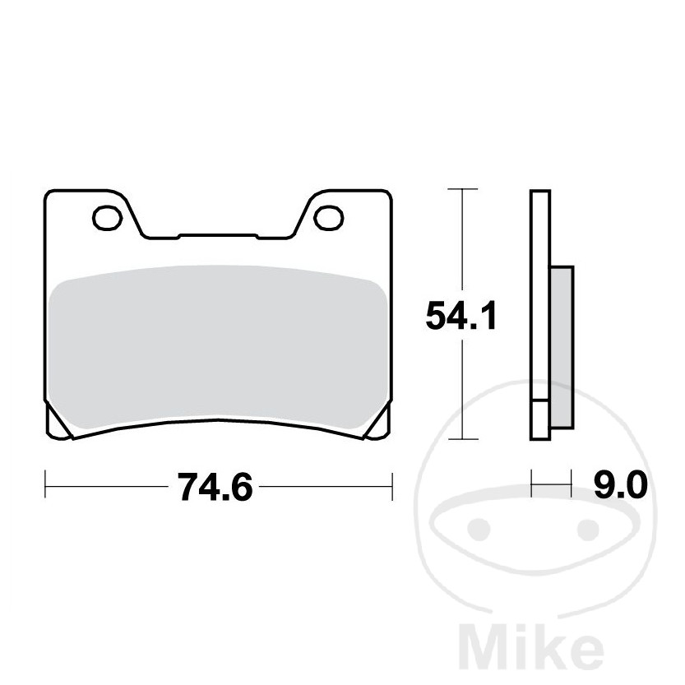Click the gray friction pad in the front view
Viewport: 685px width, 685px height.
217,349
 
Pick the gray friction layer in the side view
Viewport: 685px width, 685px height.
560,345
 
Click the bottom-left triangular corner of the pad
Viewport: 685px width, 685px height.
59,426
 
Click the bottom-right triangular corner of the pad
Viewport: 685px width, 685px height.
377,426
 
